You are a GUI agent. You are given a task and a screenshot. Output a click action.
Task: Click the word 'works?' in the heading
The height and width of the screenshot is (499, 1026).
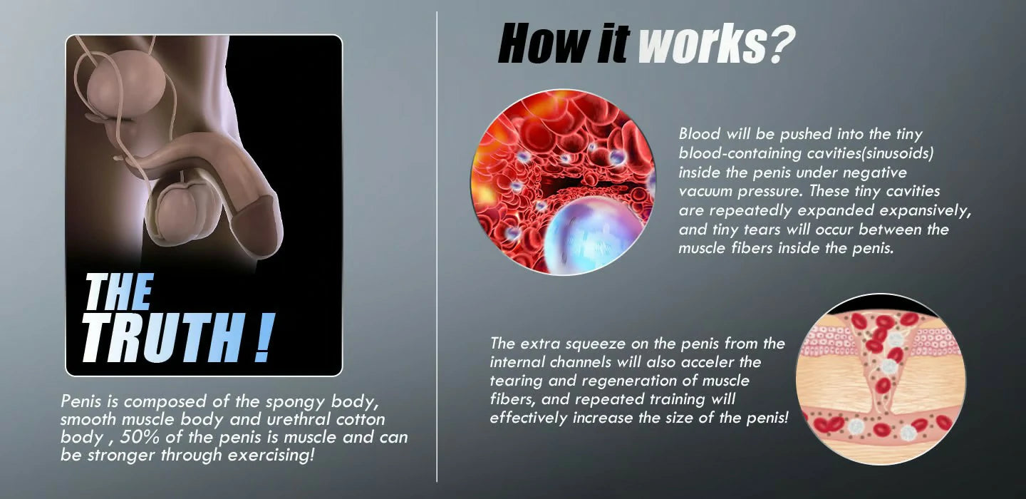pyautogui.click(x=716, y=43)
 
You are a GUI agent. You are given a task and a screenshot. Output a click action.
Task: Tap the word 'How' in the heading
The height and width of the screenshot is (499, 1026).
pyautogui.click(x=542, y=43)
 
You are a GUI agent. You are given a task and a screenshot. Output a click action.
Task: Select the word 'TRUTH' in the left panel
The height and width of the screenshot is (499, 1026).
pyautogui.click(x=163, y=338)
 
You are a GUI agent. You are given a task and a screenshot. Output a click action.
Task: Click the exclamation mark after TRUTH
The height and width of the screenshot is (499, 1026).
pyautogui.click(x=264, y=338)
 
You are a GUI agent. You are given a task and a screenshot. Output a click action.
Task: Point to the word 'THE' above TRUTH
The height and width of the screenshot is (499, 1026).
pyautogui.click(x=118, y=292)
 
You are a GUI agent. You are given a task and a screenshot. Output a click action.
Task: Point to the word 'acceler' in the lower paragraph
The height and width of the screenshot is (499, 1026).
pyautogui.click(x=708, y=362)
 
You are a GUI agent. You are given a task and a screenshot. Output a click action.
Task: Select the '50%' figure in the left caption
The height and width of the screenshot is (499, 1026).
pyautogui.click(x=140, y=437)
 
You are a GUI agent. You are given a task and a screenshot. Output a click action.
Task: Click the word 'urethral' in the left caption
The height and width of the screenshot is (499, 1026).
pyautogui.click(x=298, y=419)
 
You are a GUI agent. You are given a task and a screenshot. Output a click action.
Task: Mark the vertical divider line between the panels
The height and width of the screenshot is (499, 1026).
pyautogui.click(x=437, y=247)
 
